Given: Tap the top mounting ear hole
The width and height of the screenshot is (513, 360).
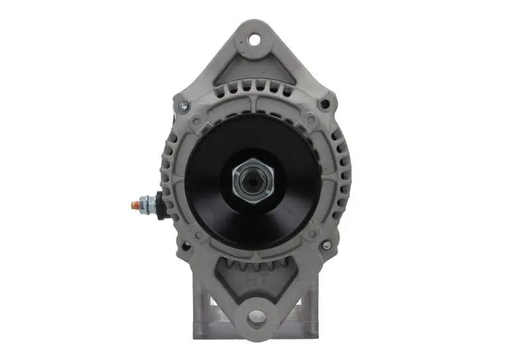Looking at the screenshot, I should click(255, 40).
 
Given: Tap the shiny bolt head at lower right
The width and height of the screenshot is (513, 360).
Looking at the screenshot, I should click(326, 245).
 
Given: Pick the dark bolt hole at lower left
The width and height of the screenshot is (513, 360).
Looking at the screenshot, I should click(186, 246).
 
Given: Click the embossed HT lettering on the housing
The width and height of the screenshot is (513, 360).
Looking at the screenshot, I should click(255, 280).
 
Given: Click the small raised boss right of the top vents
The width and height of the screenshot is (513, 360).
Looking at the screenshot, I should click(310, 119).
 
